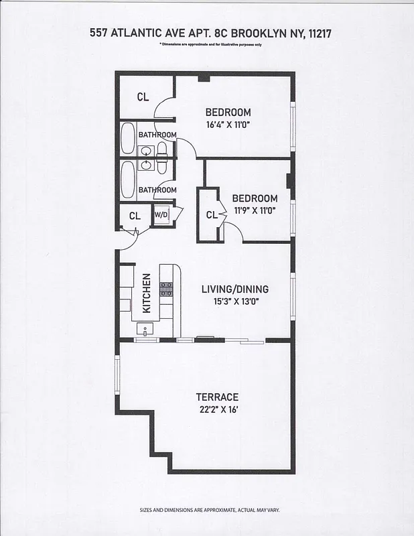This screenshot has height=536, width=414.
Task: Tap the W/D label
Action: pyautogui.click(x=161, y=215)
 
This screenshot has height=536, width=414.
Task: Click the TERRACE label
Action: pyautogui.click(x=217, y=397)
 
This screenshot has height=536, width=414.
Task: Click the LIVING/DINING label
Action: pyautogui.click(x=235, y=289)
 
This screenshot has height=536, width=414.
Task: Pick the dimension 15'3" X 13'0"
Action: pyautogui.click(x=235, y=301)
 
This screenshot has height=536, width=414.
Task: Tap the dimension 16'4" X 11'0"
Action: pyautogui.click(x=228, y=124)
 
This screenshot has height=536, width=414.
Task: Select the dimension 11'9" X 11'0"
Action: pyautogui.click(x=255, y=210)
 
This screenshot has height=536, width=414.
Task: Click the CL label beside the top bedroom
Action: pyautogui.click(x=143, y=97)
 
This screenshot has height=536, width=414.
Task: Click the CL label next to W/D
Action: pyautogui.click(x=135, y=216)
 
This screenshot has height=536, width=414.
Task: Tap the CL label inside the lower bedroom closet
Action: pyautogui.click(x=212, y=215)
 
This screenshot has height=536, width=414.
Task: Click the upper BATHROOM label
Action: pyautogui.click(x=157, y=135)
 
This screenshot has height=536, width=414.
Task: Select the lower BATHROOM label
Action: pyautogui.click(x=157, y=190)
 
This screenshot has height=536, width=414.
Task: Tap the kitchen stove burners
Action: pyautogui.click(x=166, y=289)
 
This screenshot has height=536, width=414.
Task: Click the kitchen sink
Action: pyautogui.click(x=145, y=330)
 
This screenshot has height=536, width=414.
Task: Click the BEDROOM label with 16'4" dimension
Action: pyautogui.click(x=228, y=112)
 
